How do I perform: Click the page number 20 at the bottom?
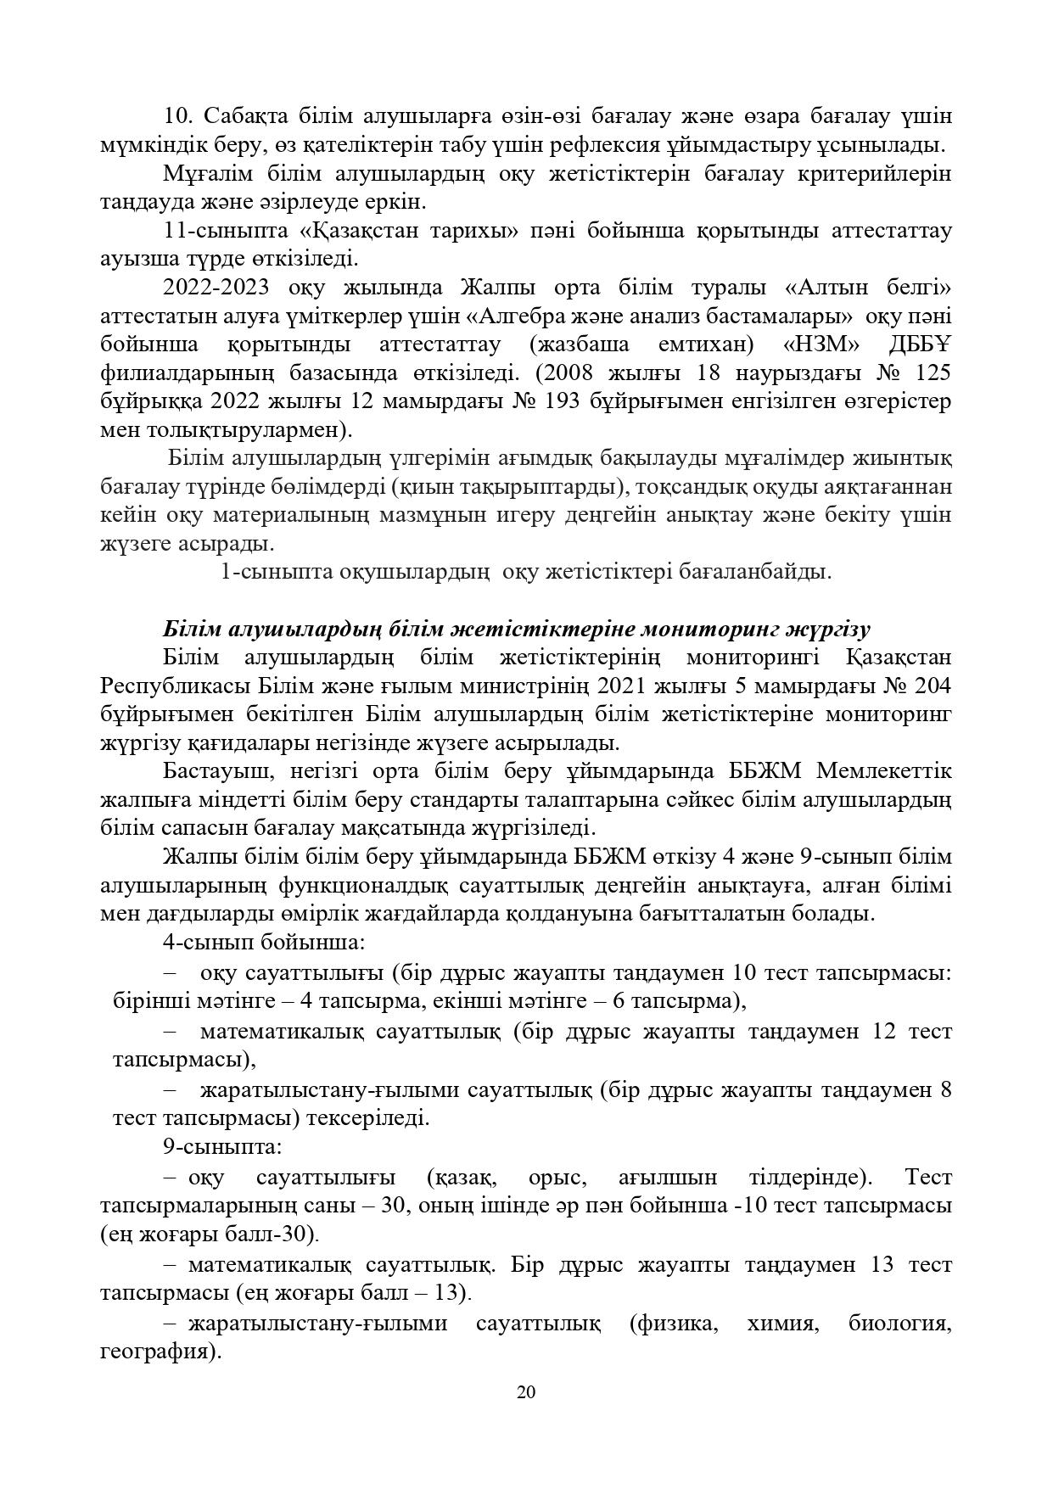[x=526, y=1392]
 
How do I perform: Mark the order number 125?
[x=933, y=373]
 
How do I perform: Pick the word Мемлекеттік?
[x=883, y=771]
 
